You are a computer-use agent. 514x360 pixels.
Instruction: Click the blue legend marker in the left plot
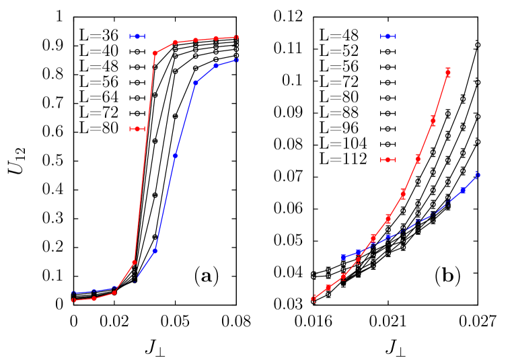coord(137,36)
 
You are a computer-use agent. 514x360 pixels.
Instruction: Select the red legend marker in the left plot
coord(137,129)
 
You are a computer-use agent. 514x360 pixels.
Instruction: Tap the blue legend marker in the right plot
coord(388,36)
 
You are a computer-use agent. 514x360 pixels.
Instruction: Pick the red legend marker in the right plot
coord(388,159)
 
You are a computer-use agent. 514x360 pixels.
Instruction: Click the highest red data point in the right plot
coord(448,72)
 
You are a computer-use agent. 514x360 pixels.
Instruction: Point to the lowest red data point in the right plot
coord(314,298)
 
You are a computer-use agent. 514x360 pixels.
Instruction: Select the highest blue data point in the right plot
coord(478,175)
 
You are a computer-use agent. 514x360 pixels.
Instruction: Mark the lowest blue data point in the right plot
coord(344,257)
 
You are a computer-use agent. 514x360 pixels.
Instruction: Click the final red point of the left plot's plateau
coord(236,37)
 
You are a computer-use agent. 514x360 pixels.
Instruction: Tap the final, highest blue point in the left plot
coord(236,60)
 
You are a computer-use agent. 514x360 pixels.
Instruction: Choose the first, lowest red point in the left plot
coord(73,300)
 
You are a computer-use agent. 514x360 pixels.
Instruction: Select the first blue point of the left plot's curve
coord(73,293)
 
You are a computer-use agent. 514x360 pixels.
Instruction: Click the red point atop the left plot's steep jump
coord(155,52)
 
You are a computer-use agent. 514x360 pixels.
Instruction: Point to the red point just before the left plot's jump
coord(135,262)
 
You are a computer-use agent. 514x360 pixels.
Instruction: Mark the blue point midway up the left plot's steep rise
coord(175,155)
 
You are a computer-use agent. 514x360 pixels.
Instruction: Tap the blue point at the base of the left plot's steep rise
coord(155,251)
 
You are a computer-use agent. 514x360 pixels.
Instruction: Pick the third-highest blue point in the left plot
coord(196,83)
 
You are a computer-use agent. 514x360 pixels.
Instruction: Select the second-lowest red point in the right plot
coord(328,287)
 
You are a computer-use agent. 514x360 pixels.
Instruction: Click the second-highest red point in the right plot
coord(433,122)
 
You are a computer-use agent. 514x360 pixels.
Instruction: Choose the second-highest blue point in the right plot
coord(463,190)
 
